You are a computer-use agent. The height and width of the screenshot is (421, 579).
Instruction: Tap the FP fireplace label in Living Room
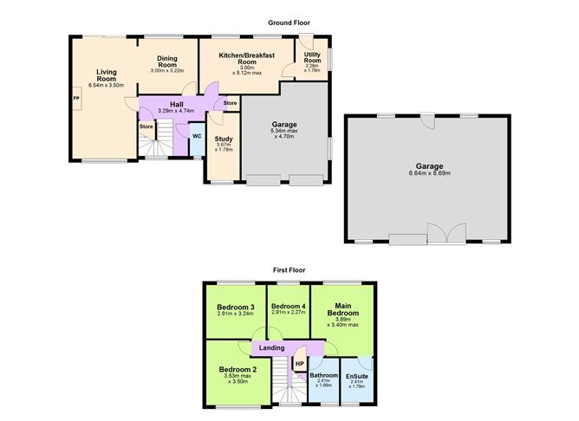click(x=75, y=97)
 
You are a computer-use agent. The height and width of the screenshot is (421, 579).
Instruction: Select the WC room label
click(x=197, y=136)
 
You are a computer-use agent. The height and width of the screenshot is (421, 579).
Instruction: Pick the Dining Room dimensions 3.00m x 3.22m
click(x=167, y=70)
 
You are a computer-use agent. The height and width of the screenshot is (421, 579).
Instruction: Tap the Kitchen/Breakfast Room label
click(x=247, y=59)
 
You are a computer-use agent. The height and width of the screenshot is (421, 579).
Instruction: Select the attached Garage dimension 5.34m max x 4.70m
click(x=285, y=133)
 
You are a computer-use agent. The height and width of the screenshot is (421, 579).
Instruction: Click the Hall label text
click(x=177, y=104)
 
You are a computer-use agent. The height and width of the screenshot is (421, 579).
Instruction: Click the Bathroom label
click(x=323, y=375)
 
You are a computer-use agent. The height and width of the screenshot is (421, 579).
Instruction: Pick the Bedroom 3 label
click(x=234, y=308)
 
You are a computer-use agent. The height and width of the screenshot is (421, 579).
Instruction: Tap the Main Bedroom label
click(x=342, y=308)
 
